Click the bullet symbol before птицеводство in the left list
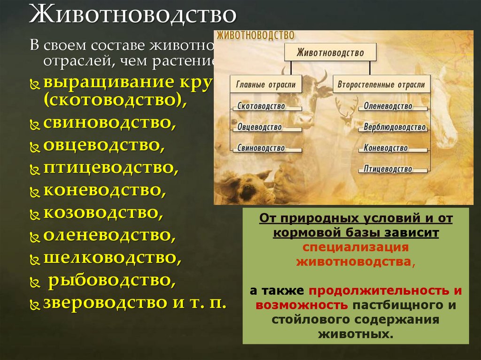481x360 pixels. [35, 169]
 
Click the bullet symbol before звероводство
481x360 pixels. [35, 304]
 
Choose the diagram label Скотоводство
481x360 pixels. [261, 106]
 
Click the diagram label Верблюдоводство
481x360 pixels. [395, 127]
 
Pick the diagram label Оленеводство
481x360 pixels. [388, 106]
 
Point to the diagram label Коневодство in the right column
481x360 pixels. [386, 148]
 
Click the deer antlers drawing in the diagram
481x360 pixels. [347, 108]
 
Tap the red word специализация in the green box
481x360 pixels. [356, 247]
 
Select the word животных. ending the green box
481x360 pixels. [356, 335]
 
